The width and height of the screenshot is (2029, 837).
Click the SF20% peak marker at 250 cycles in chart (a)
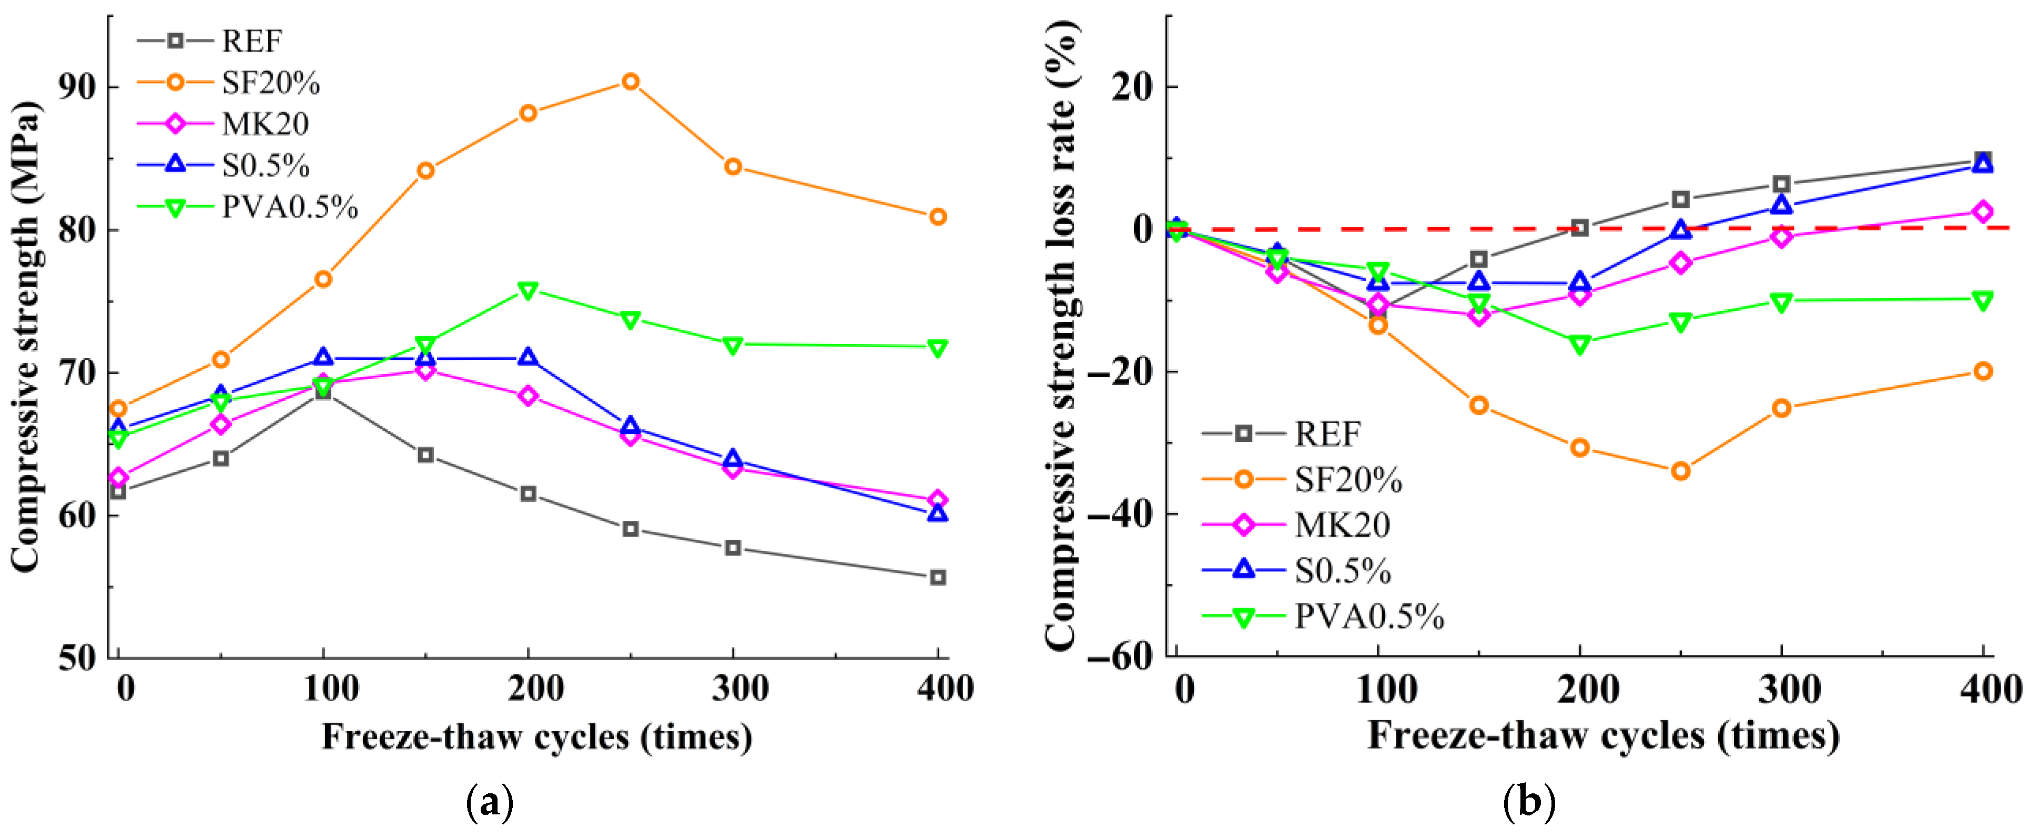point(630,81)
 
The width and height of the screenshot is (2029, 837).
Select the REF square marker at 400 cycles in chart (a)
point(937,578)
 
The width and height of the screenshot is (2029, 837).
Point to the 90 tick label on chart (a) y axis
point(78,87)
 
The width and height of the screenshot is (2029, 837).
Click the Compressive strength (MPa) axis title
point(25,337)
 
